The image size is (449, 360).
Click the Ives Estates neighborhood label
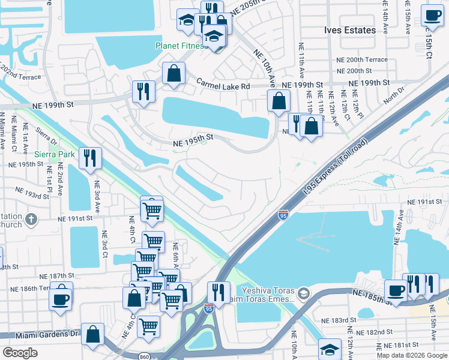pos(350,30)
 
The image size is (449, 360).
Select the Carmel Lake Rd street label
pos(222,86)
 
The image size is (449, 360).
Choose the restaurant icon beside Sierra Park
pos(90,158)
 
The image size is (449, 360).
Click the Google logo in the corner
pos(20,353)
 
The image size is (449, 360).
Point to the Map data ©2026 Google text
pos(412,355)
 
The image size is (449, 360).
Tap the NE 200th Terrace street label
pos(362,60)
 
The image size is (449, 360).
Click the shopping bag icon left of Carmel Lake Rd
pos(173,73)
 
